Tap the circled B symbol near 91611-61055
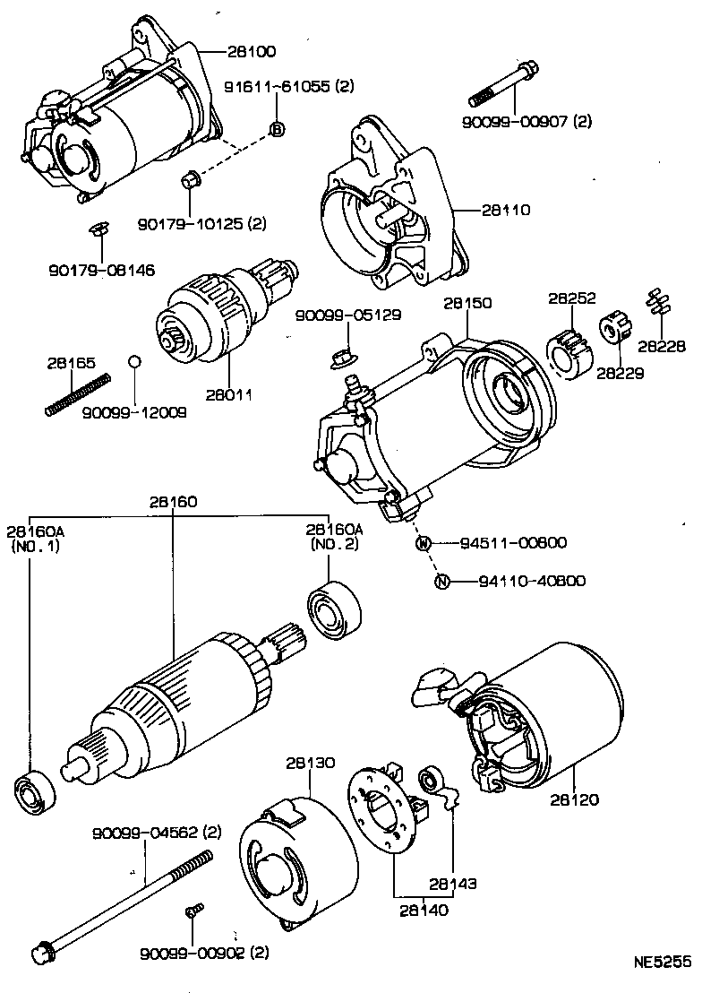[x=277, y=130]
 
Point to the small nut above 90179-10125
[x=189, y=180]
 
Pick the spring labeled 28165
[x=77, y=395]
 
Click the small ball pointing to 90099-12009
[x=133, y=361]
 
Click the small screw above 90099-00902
[x=191, y=912]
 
